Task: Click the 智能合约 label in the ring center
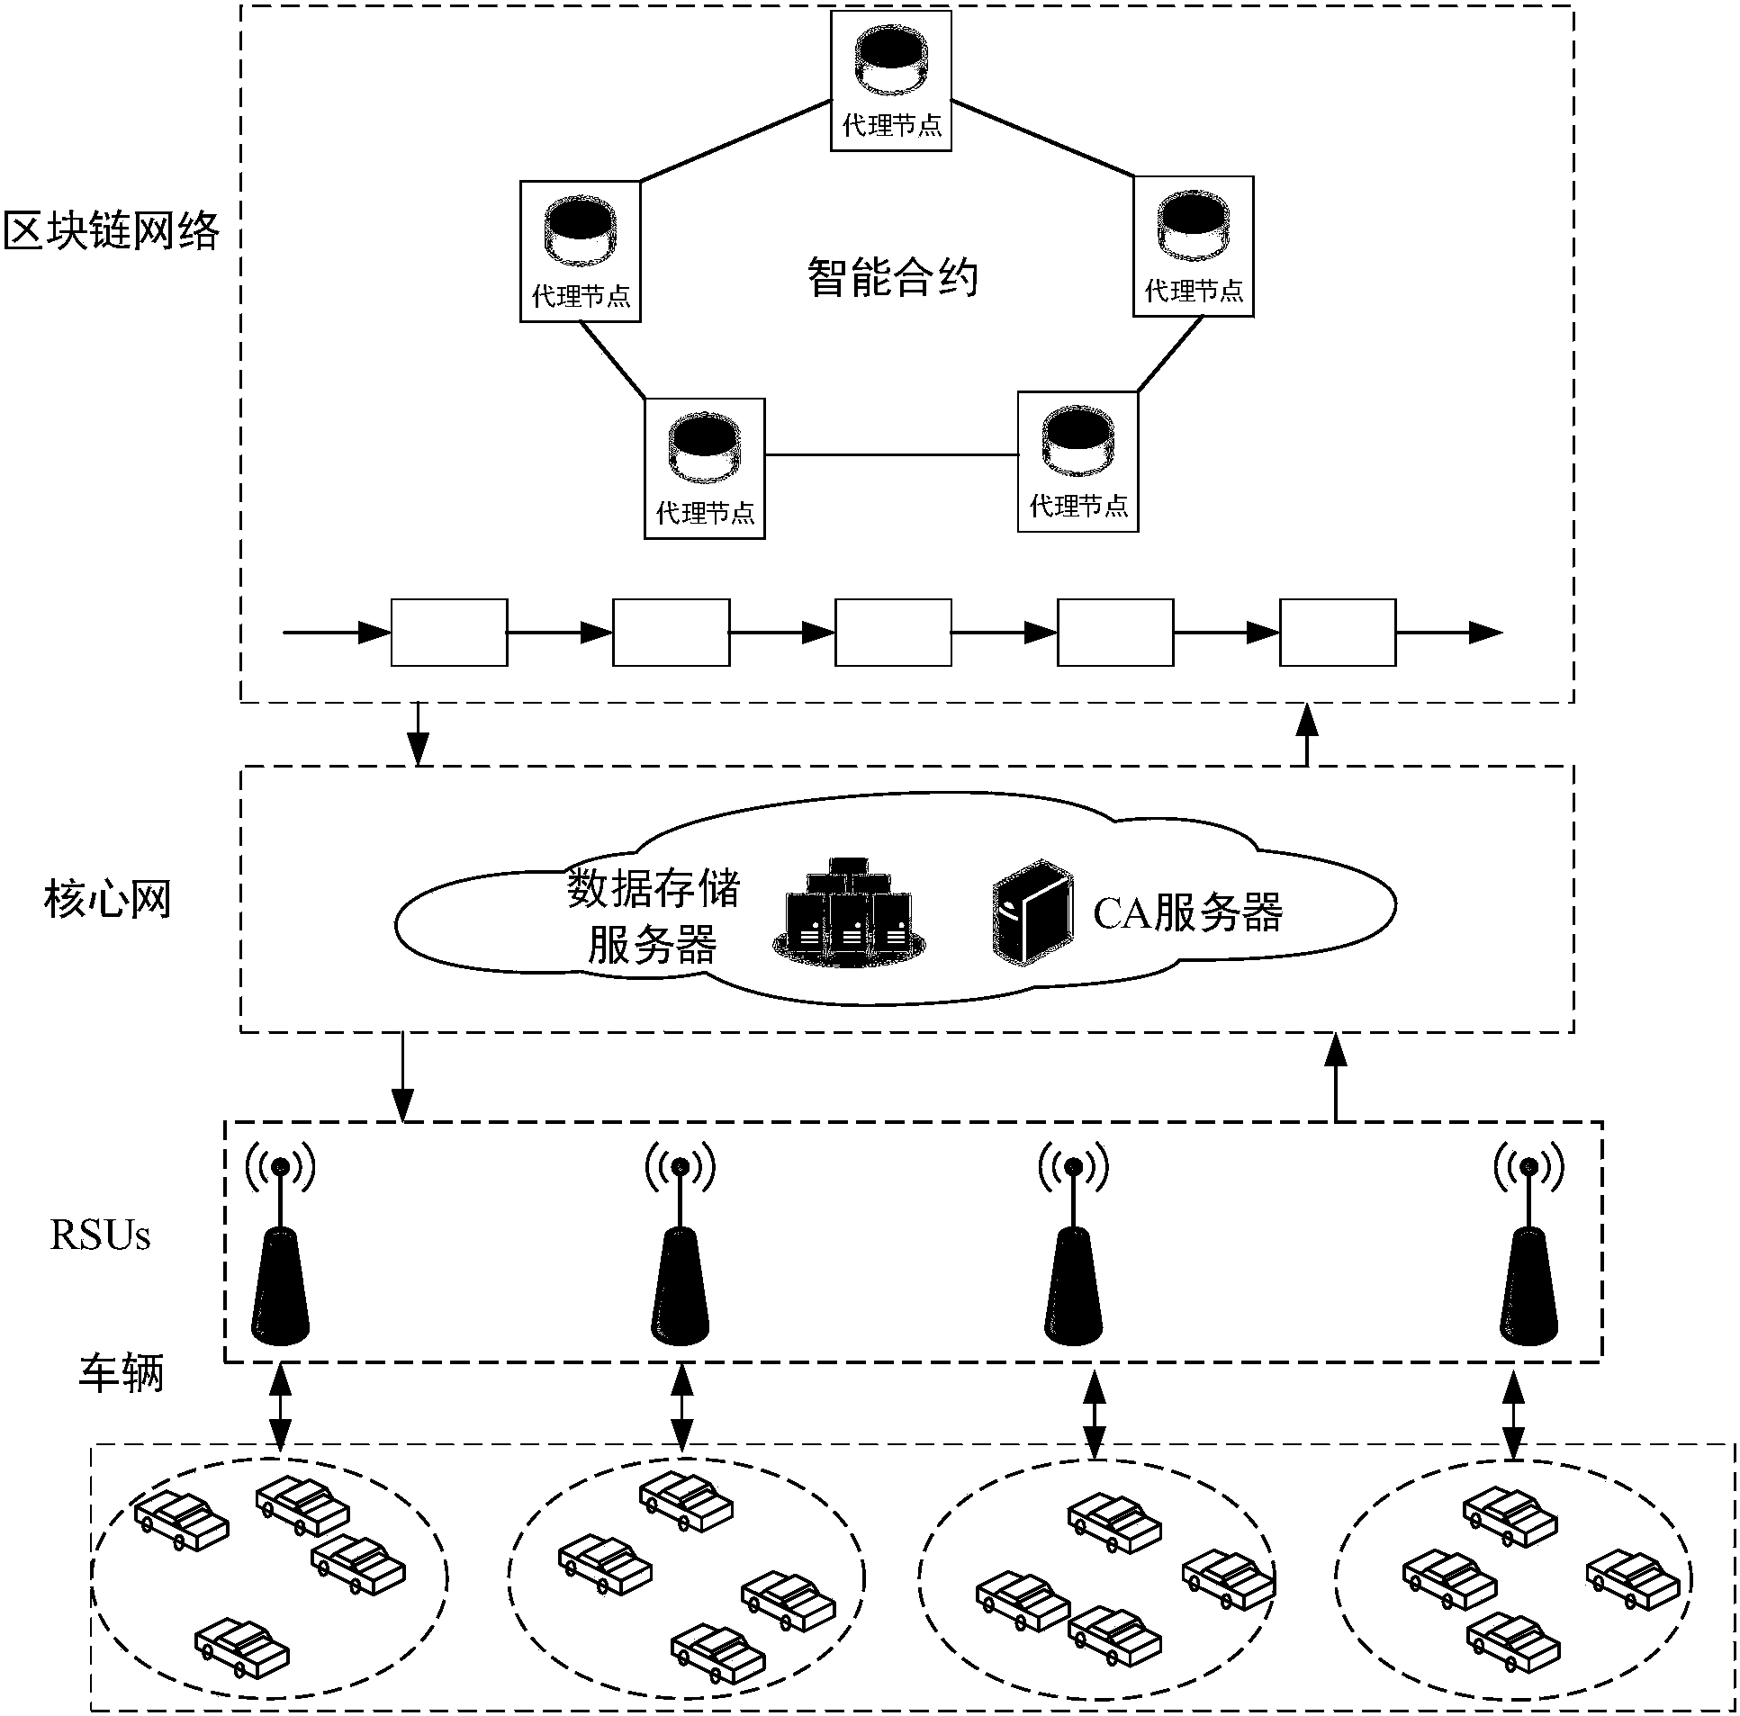tap(892, 277)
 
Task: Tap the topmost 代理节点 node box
tap(891, 80)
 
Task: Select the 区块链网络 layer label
tap(112, 231)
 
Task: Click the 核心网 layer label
tap(107, 900)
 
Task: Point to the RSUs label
tap(100, 1235)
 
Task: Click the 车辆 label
tap(122, 1374)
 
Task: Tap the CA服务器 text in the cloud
tap(1187, 913)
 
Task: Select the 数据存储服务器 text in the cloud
tap(653, 917)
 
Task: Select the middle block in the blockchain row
tap(893, 633)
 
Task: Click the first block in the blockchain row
tap(448, 633)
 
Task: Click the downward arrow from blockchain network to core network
tap(418, 733)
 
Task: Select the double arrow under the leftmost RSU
tap(281, 1407)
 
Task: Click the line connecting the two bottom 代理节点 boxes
tap(891, 455)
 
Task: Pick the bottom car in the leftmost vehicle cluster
tap(242, 1649)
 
